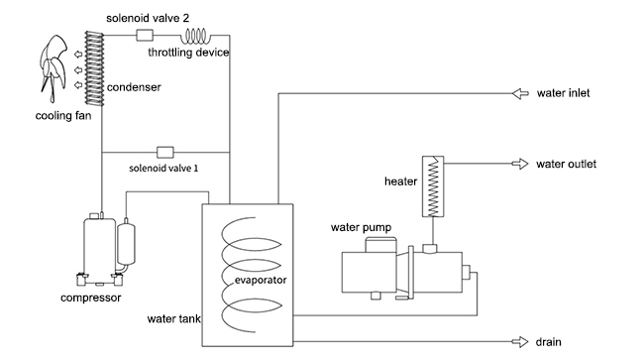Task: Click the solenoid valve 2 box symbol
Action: pos(145,35)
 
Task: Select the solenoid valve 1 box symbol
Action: pos(165,152)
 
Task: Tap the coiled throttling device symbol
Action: pos(195,36)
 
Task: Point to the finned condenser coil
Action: pos(94,68)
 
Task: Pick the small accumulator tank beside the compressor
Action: pos(126,244)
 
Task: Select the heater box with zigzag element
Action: pos(433,186)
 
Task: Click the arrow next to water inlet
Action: pos(520,94)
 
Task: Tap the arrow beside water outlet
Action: pos(520,164)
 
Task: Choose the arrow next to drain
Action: pos(520,342)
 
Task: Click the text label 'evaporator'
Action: pos(261,280)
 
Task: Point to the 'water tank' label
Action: pos(173,318)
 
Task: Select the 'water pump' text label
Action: pos(361,228)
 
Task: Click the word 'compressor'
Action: pos(91,298)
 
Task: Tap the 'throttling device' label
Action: pos(188,53)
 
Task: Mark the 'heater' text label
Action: pos(400,181)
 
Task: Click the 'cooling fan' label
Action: pos(63,116)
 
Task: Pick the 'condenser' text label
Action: pos(134,87)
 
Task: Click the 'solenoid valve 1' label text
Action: pos(163,169)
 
